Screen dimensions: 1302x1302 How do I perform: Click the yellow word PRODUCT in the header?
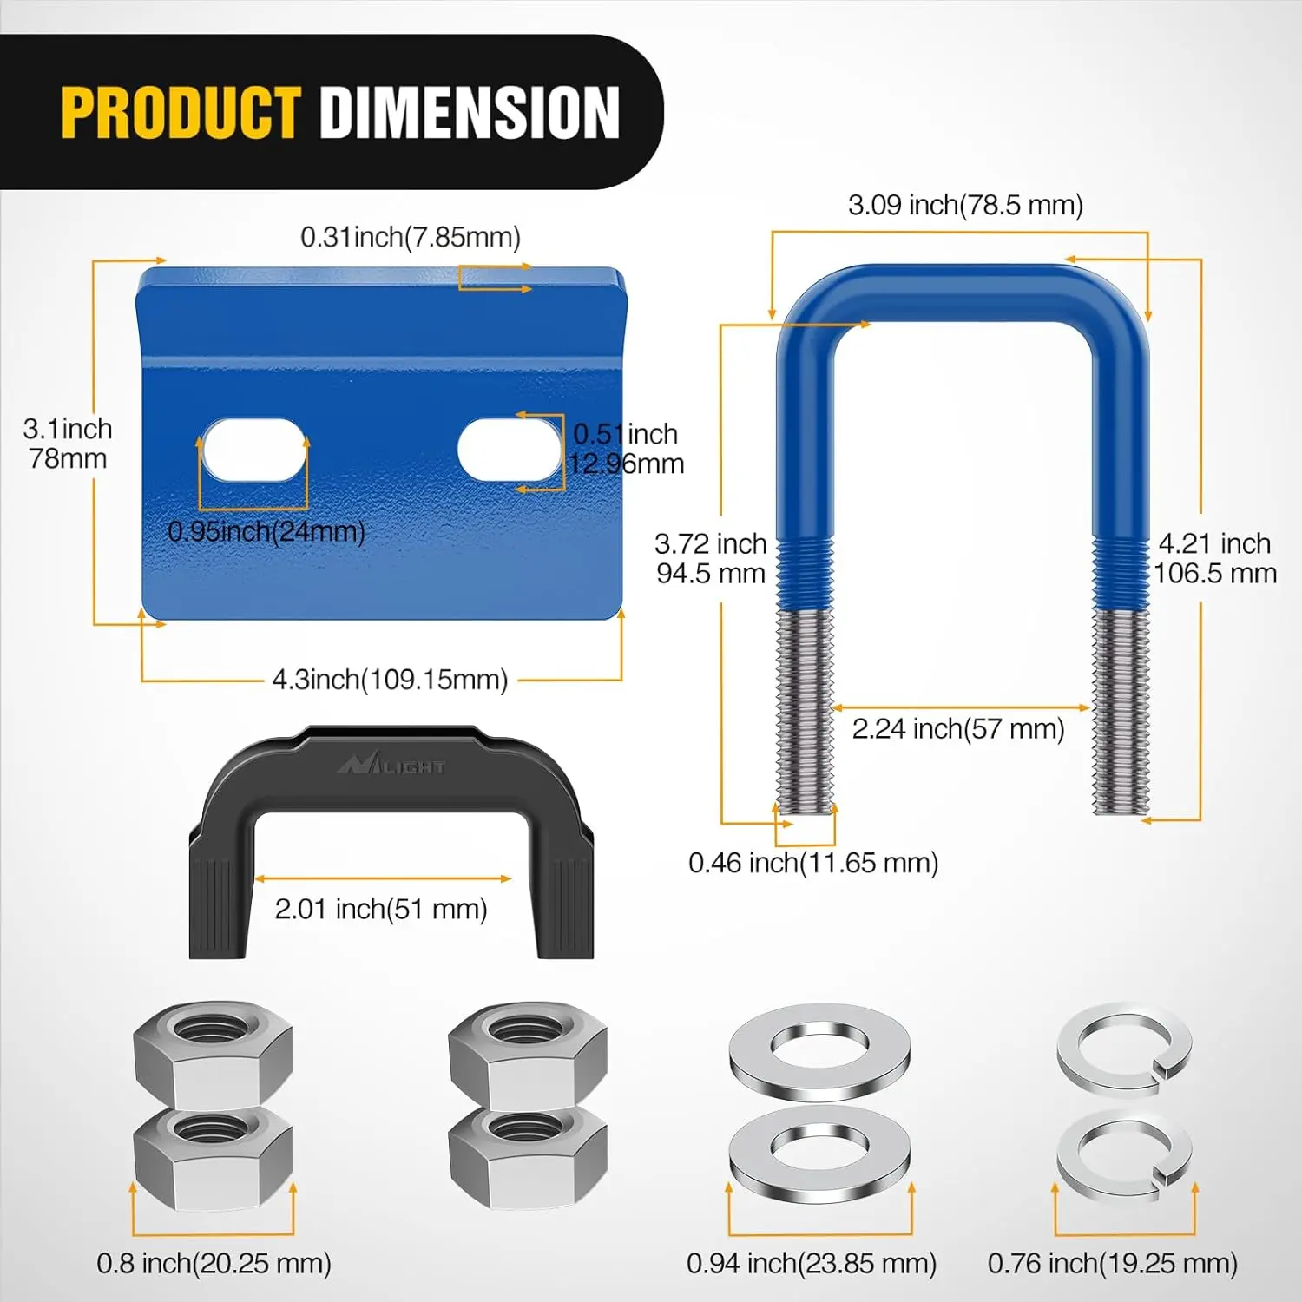pyautogui.click(x=181, y=112)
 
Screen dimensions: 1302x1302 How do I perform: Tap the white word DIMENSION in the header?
pyautogui.click(x=470, y=112)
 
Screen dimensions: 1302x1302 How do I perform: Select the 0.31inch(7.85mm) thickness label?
pyautogui.click(x=411, y=237)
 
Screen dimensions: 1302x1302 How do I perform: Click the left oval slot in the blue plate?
pyautogui.click(x=253, y=450)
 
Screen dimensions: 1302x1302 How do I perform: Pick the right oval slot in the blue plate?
pyautogui.click(x=510, y=450)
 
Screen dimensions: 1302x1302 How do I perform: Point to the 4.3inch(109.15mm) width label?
pyautogui.click(x=390, y=679)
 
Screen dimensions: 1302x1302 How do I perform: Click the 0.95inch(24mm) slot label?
pyautogui.click(x=266, y=531)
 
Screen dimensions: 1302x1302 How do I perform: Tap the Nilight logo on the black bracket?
pyautogui.click(x=391, y=765)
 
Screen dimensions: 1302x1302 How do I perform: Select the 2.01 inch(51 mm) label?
pyautogui.click(x=381, y=909)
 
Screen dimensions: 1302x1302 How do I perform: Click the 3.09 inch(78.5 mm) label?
pyautogui.click(x=965, y=205)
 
